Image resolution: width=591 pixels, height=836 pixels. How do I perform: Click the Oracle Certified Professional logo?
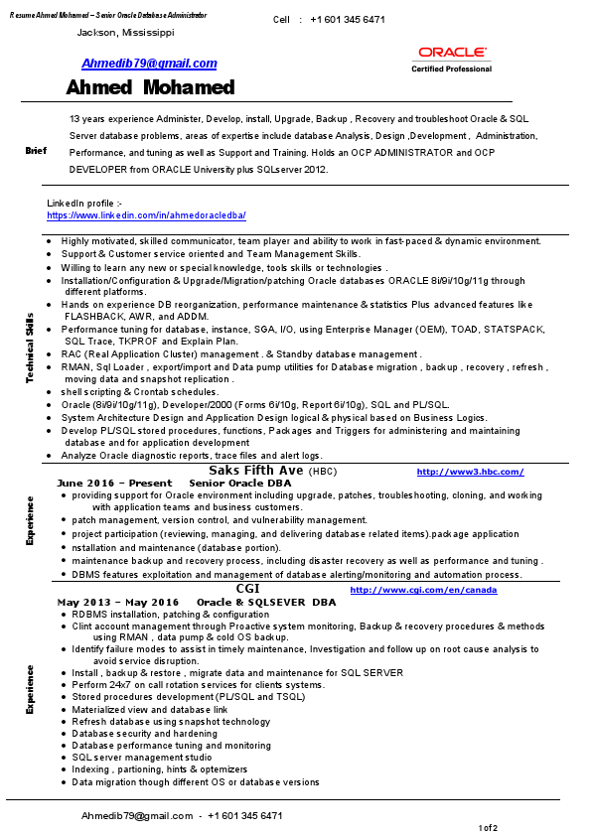[452, 59]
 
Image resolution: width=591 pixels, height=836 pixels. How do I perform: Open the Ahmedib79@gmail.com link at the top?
[149, 64]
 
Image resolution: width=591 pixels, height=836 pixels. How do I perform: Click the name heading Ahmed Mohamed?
[151, 88]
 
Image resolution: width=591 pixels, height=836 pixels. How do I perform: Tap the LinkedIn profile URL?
[146, 215]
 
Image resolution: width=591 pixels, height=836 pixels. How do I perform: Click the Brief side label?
[36, 151]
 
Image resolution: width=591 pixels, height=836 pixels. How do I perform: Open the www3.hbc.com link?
[470, 472]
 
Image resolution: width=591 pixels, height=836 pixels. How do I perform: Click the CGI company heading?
[247, 589]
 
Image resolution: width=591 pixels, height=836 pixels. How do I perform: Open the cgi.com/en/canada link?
[423, 591]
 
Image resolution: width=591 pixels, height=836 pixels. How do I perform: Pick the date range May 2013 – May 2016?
[118, 603]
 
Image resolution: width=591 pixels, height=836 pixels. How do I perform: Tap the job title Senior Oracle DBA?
[240, 483]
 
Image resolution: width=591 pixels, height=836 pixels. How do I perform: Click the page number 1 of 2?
[488, 828]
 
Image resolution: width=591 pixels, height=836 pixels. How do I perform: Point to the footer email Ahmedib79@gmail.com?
[137, 816]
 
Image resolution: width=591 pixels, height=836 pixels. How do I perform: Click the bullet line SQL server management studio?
[142, 758]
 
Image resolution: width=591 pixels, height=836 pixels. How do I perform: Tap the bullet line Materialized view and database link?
[150, 710]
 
